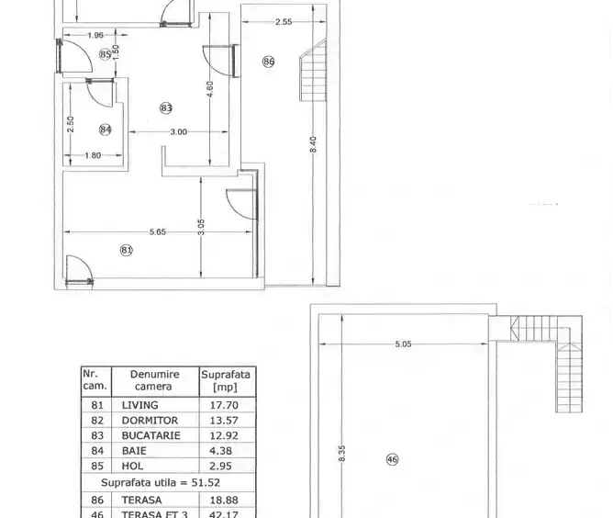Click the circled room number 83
point(166,108)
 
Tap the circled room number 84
point(106,129)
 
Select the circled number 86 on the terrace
point(269,62)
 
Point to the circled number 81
point(127,250)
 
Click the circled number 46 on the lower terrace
point(392,459)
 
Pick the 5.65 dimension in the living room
point(158,231)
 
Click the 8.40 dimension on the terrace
point(313,144)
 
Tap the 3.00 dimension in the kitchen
point(179,132)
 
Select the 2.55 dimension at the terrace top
point(284,22)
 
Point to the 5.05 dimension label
point(403,344)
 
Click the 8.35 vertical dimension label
point(341,453)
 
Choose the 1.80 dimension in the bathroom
point(93,155)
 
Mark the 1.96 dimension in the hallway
point(95,35)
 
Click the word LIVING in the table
point(140,405)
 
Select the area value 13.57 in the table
point(224,421)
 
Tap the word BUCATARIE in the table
point(150,435)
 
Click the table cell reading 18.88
point(224,500)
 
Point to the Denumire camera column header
point(154,380)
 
